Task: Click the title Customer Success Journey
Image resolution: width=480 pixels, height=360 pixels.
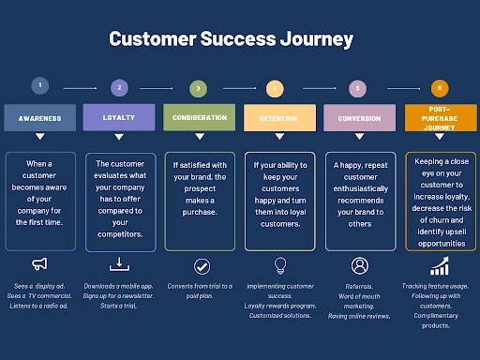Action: click(231, 39)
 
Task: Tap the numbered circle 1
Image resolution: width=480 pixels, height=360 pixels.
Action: click(39, 86)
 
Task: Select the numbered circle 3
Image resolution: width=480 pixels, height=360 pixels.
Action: click(198, 89)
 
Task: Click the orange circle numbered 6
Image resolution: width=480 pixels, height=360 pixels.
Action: click(439, 89)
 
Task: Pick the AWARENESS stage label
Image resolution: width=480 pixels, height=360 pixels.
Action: click(39, 119)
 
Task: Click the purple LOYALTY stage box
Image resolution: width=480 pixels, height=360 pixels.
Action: click(119, 118)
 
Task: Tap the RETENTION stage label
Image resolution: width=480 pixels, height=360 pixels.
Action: click(278, 119)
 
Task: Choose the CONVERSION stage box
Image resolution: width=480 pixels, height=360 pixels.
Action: click(358, 119)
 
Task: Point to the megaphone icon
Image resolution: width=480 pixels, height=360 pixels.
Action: click(39, 263)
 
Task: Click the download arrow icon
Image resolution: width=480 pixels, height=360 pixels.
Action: click(119, 264)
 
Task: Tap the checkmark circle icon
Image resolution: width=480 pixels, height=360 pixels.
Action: click(201, 266)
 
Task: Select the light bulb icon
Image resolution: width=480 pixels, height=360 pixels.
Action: click(278, 265)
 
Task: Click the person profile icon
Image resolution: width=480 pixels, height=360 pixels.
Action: click(359, 265)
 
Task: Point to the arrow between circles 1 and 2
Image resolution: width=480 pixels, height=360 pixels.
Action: click(79, 88)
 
